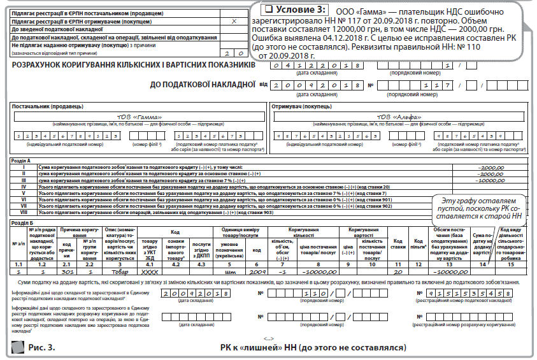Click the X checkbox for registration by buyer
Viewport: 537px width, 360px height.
[x=234, y=21]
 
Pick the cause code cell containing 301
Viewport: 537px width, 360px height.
[x=67, y=270]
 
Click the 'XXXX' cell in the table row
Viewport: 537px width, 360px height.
[x=150, y=270]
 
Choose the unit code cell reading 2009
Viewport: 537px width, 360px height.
[x=260, y=270]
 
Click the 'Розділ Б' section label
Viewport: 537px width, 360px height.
[x=26, y=223]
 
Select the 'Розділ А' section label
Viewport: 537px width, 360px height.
[x=26, y=161]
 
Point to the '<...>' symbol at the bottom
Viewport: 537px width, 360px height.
[x=268, y=338]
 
